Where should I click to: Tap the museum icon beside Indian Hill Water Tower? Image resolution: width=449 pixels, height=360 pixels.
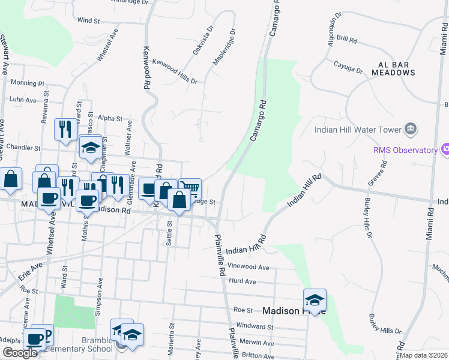411,128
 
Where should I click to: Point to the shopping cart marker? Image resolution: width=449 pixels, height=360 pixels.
190,188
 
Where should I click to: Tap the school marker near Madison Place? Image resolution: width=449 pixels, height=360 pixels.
315,299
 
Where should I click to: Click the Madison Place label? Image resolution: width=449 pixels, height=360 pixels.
285,311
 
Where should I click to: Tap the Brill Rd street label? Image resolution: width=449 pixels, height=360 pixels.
347,39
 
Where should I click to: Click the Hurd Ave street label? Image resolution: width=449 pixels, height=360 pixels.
243,281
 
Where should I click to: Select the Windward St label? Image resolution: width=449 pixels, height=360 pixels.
255,328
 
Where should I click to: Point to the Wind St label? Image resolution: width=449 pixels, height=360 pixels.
88,20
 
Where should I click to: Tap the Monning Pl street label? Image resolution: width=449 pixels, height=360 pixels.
28,83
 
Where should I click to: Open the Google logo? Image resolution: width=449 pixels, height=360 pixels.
20,353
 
